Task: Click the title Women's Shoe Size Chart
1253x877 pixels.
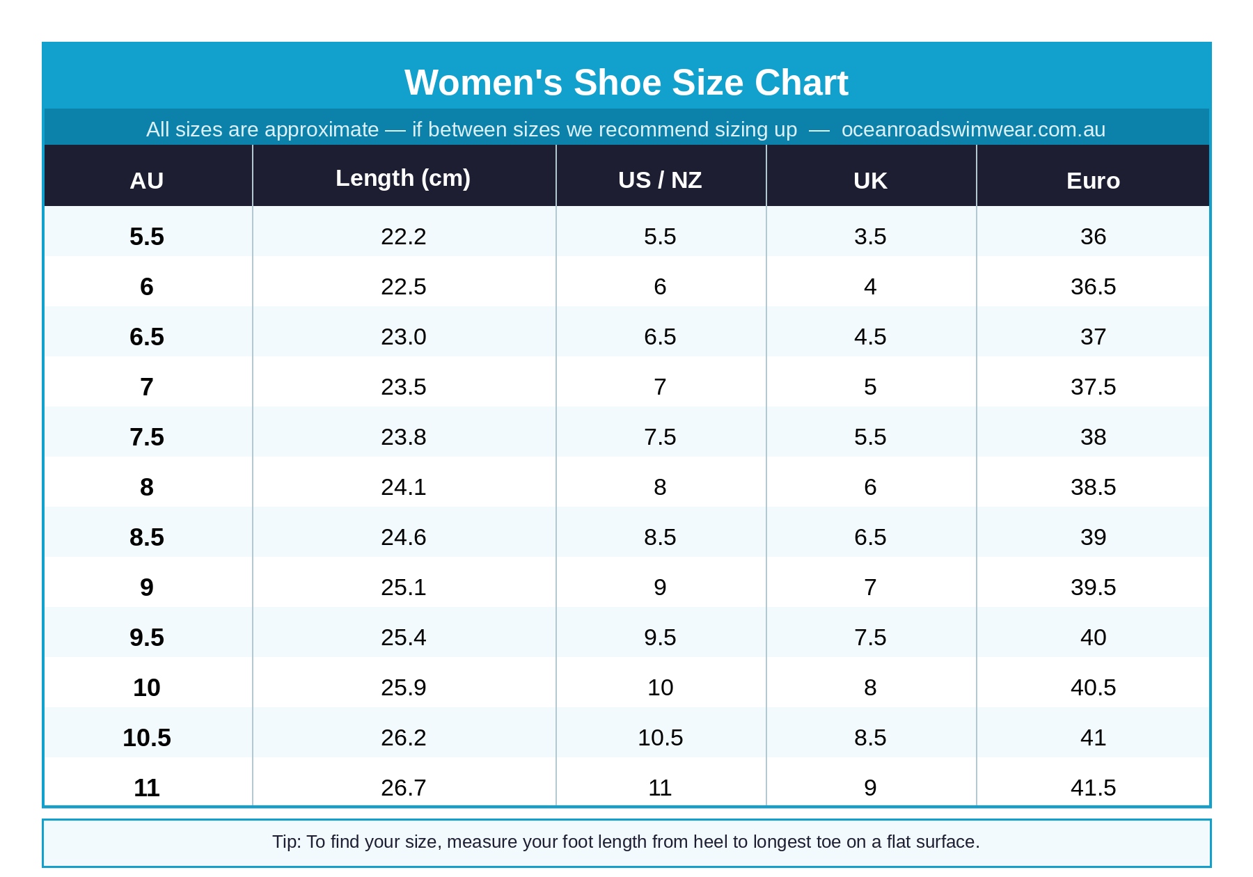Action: click(626, 83)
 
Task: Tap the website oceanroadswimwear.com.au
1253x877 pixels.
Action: click(972, 129)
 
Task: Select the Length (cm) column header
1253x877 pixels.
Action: click(403, 178)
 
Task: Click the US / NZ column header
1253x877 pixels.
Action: click(659, 180)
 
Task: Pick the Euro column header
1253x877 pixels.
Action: click(1093, 181)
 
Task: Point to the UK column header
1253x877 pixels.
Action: click(870, 181)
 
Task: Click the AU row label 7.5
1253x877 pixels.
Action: click(147, 437)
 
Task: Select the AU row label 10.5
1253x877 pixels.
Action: click(147, 738)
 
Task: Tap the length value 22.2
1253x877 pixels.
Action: click(403, 237)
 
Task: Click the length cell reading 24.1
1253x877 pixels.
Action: click(403, 487)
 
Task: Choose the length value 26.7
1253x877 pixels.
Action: click(403, 788)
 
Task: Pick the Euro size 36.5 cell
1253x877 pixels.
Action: click(1093, 287)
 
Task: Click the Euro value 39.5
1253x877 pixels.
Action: click(1093, 587)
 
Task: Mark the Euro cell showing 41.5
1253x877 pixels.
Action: click(1093, 788)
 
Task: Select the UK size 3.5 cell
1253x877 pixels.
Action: click(870, 237)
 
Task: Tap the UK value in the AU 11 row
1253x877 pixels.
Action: click(870, 788)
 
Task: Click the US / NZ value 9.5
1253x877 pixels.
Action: click(659, 638)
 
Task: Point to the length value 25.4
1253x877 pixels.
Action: click(403, 638)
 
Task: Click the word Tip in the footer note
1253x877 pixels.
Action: click(285, 842)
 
